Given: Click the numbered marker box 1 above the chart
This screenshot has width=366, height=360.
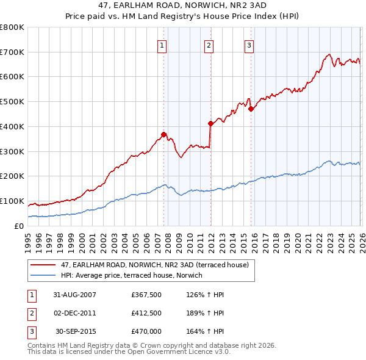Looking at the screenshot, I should [x=162, y=45].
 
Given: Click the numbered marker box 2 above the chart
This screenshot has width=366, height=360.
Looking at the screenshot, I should [x=209, y=45].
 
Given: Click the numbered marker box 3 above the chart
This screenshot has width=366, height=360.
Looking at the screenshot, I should [x=249, y=45].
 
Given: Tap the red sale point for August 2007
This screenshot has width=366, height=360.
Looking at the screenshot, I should [x=163, y=134].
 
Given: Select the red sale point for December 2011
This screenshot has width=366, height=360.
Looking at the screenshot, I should [x=210, y=123].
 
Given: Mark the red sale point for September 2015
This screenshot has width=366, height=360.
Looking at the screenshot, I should [x=251, y=109].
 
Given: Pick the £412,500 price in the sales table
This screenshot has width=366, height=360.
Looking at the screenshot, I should [x=146, y=313].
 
